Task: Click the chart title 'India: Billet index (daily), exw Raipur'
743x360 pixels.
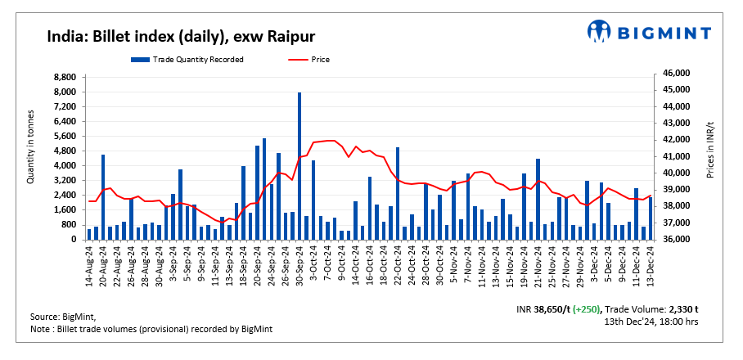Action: (x=181, y=36)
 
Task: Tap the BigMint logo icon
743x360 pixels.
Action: (x=599, y=31)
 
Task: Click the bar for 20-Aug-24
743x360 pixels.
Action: (x=103, y=196)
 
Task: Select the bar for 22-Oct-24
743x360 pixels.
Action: (x=398, y=193)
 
